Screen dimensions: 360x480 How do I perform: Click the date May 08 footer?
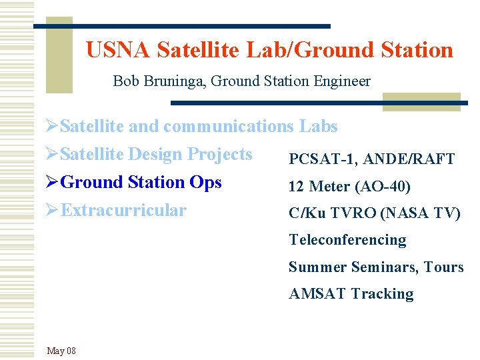61,351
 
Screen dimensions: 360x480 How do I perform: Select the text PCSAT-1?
314,159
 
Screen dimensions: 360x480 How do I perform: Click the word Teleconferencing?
347,240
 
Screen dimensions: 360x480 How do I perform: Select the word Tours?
444,267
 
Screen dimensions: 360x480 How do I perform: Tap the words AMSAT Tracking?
351,294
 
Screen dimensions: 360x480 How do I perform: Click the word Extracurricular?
123,211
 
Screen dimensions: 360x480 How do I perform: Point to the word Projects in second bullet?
219,155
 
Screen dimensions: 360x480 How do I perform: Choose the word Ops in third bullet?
206,183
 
